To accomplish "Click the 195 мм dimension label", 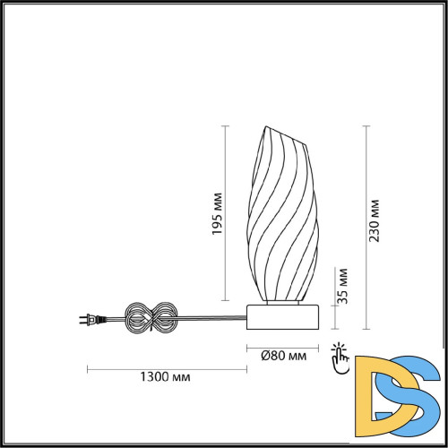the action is (218, 214).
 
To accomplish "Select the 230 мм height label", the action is (374, 220).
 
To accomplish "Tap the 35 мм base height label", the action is (343, 286).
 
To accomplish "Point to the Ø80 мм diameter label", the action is (284, 356).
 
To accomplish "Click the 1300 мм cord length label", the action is (165, 376).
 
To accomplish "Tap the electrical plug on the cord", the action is (92, 320).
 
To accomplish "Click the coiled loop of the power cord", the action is (151, 318).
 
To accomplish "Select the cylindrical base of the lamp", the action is (282, 317).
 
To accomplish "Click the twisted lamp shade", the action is (283, 213).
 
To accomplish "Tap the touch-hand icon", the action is (340, 358).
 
